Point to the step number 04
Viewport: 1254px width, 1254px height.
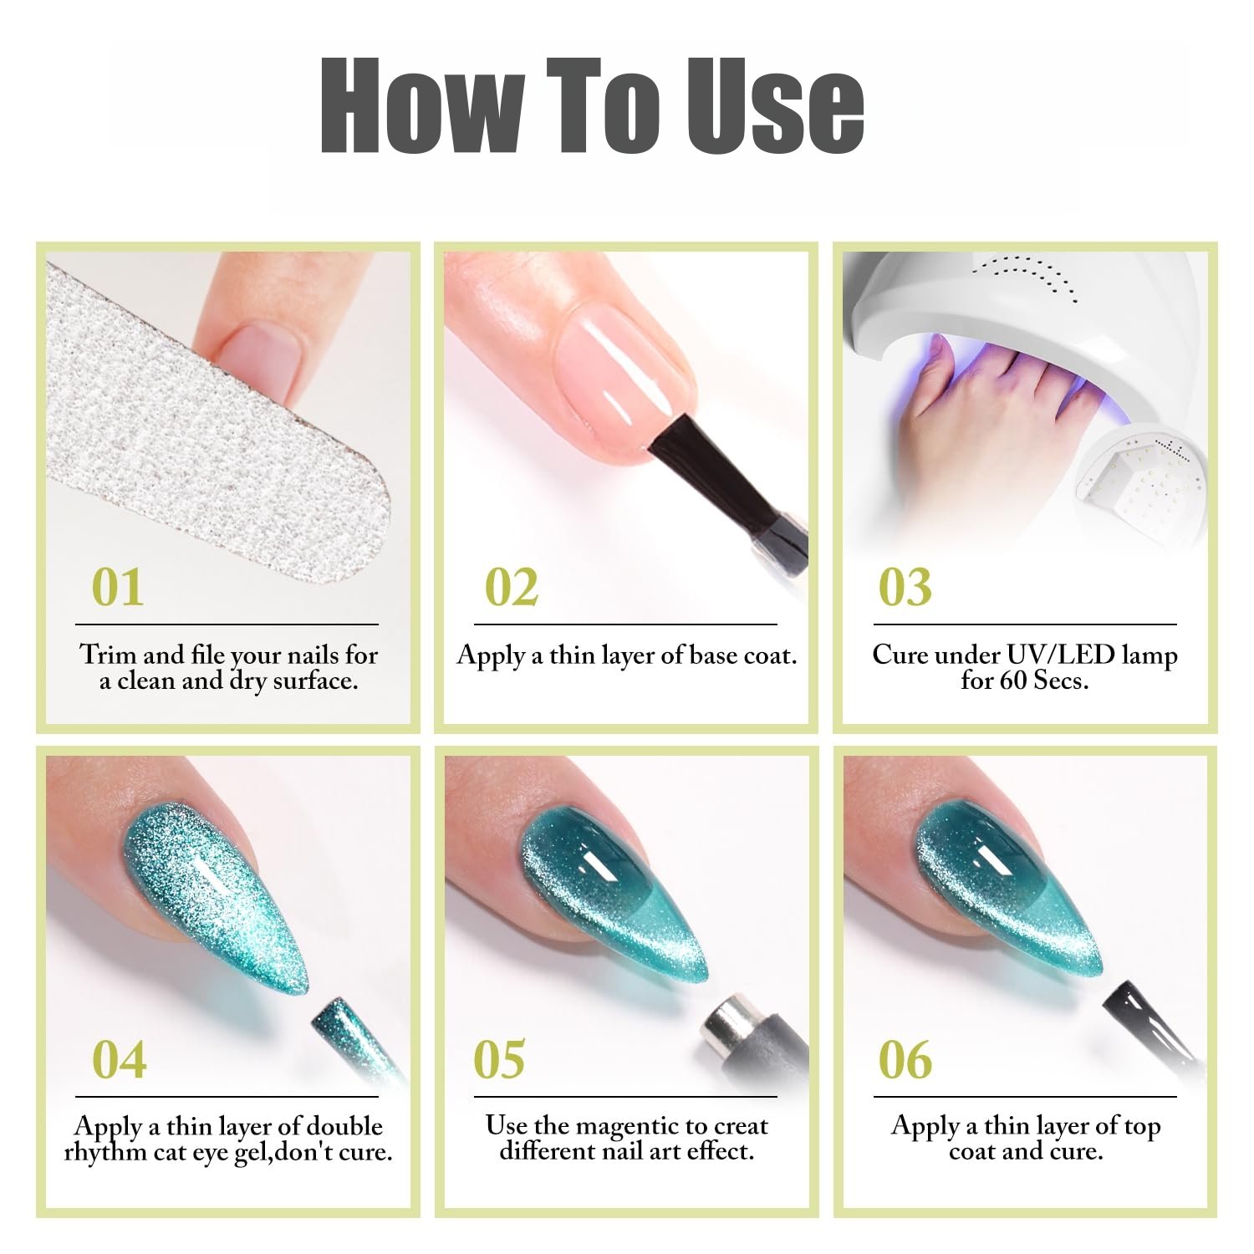(x=120, y=1059)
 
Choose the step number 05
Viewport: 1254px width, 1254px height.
(x=500, y=1059)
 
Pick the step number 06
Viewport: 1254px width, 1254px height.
(x=905, y=1059)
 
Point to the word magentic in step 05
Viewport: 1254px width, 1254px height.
(x=630, y=1128)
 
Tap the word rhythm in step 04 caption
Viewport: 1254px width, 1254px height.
(x=105, y=1152)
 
